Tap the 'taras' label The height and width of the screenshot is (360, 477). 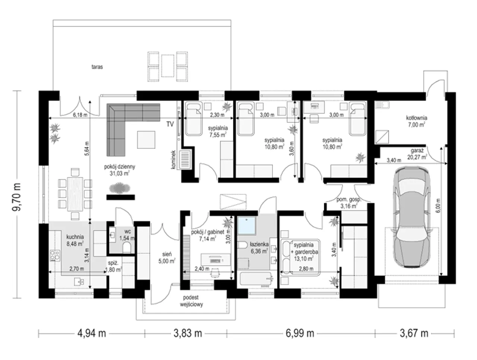97,67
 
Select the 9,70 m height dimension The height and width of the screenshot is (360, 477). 16,197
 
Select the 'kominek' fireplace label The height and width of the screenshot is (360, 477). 173,159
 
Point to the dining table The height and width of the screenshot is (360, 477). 75,194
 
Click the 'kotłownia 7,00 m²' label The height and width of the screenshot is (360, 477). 416,121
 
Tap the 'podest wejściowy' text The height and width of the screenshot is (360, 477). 191,300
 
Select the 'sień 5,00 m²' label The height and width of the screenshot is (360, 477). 167,257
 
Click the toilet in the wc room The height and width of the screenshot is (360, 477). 127,248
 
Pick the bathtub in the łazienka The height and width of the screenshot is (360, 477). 256,278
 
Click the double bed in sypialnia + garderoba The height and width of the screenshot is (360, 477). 300,257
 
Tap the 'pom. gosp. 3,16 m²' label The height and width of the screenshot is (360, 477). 348,203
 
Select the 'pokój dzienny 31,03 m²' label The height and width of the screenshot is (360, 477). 119,170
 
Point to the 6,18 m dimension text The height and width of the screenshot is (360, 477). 80,115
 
